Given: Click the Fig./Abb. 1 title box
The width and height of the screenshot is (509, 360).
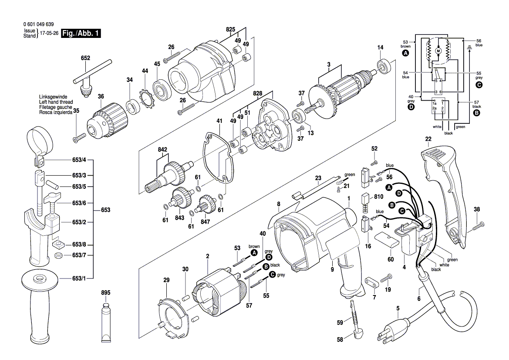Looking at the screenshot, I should pos(81,34).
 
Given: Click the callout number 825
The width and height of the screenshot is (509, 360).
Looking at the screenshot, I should pos(230,30).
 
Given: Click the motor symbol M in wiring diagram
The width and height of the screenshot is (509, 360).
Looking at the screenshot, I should pos(438,51).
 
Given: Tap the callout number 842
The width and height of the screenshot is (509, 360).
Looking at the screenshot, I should pos(162,149).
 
